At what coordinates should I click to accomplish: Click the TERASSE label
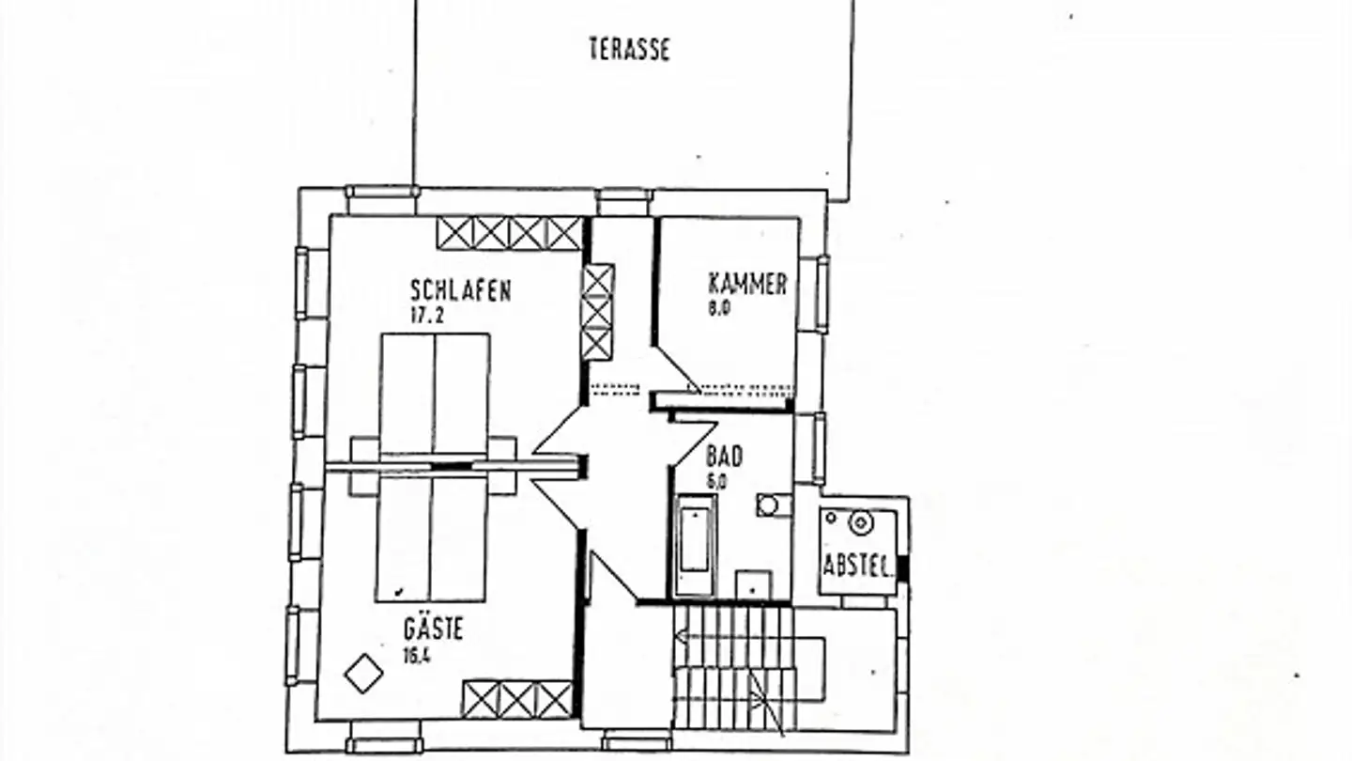click(630, 49)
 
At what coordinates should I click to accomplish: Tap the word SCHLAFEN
click(461, 290)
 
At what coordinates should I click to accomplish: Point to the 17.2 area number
click(427, 316)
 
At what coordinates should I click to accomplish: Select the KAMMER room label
click(747, 284)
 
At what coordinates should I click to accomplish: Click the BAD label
click(725, 457)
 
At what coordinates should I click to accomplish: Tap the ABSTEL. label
click(856, 566)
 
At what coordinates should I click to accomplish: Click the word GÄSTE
click(433, 628)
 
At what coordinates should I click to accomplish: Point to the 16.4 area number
click(419, 655)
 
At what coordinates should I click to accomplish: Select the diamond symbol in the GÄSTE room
click(363, 674)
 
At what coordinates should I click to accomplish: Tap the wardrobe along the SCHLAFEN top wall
click(509, 233)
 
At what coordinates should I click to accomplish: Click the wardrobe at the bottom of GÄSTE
click(517, 699)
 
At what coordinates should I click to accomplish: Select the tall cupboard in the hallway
click(597, 312)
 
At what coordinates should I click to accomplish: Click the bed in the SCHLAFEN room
click(435, 396)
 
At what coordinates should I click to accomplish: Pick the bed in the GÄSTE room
click(432, 539)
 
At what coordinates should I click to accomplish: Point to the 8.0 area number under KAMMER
click(719, 308)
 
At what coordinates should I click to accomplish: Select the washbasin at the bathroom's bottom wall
click(753, 583)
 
